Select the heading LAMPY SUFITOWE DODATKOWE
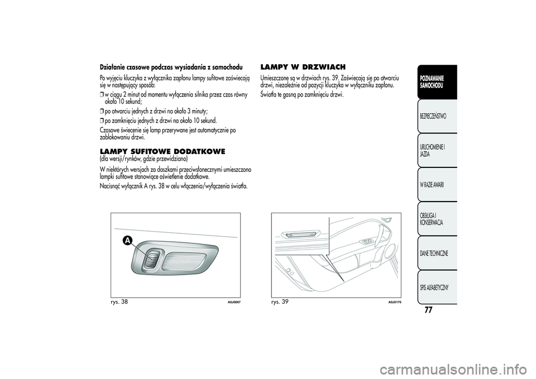point(162,151)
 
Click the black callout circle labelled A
point(128,240)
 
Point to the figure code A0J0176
point(394,302)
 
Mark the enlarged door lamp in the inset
point(300,234)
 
